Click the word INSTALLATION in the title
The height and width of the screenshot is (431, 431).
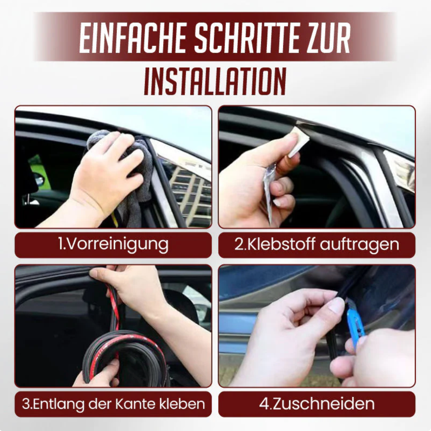pos(215,81)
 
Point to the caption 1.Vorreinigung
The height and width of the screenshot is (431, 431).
pos(113,244)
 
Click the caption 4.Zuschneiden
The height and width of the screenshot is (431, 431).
pos(317,403)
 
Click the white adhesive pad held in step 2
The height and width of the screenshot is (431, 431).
pos(299,143)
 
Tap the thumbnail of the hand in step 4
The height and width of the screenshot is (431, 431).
pos(336,305)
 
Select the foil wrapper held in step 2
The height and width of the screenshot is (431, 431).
pos(269,188)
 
